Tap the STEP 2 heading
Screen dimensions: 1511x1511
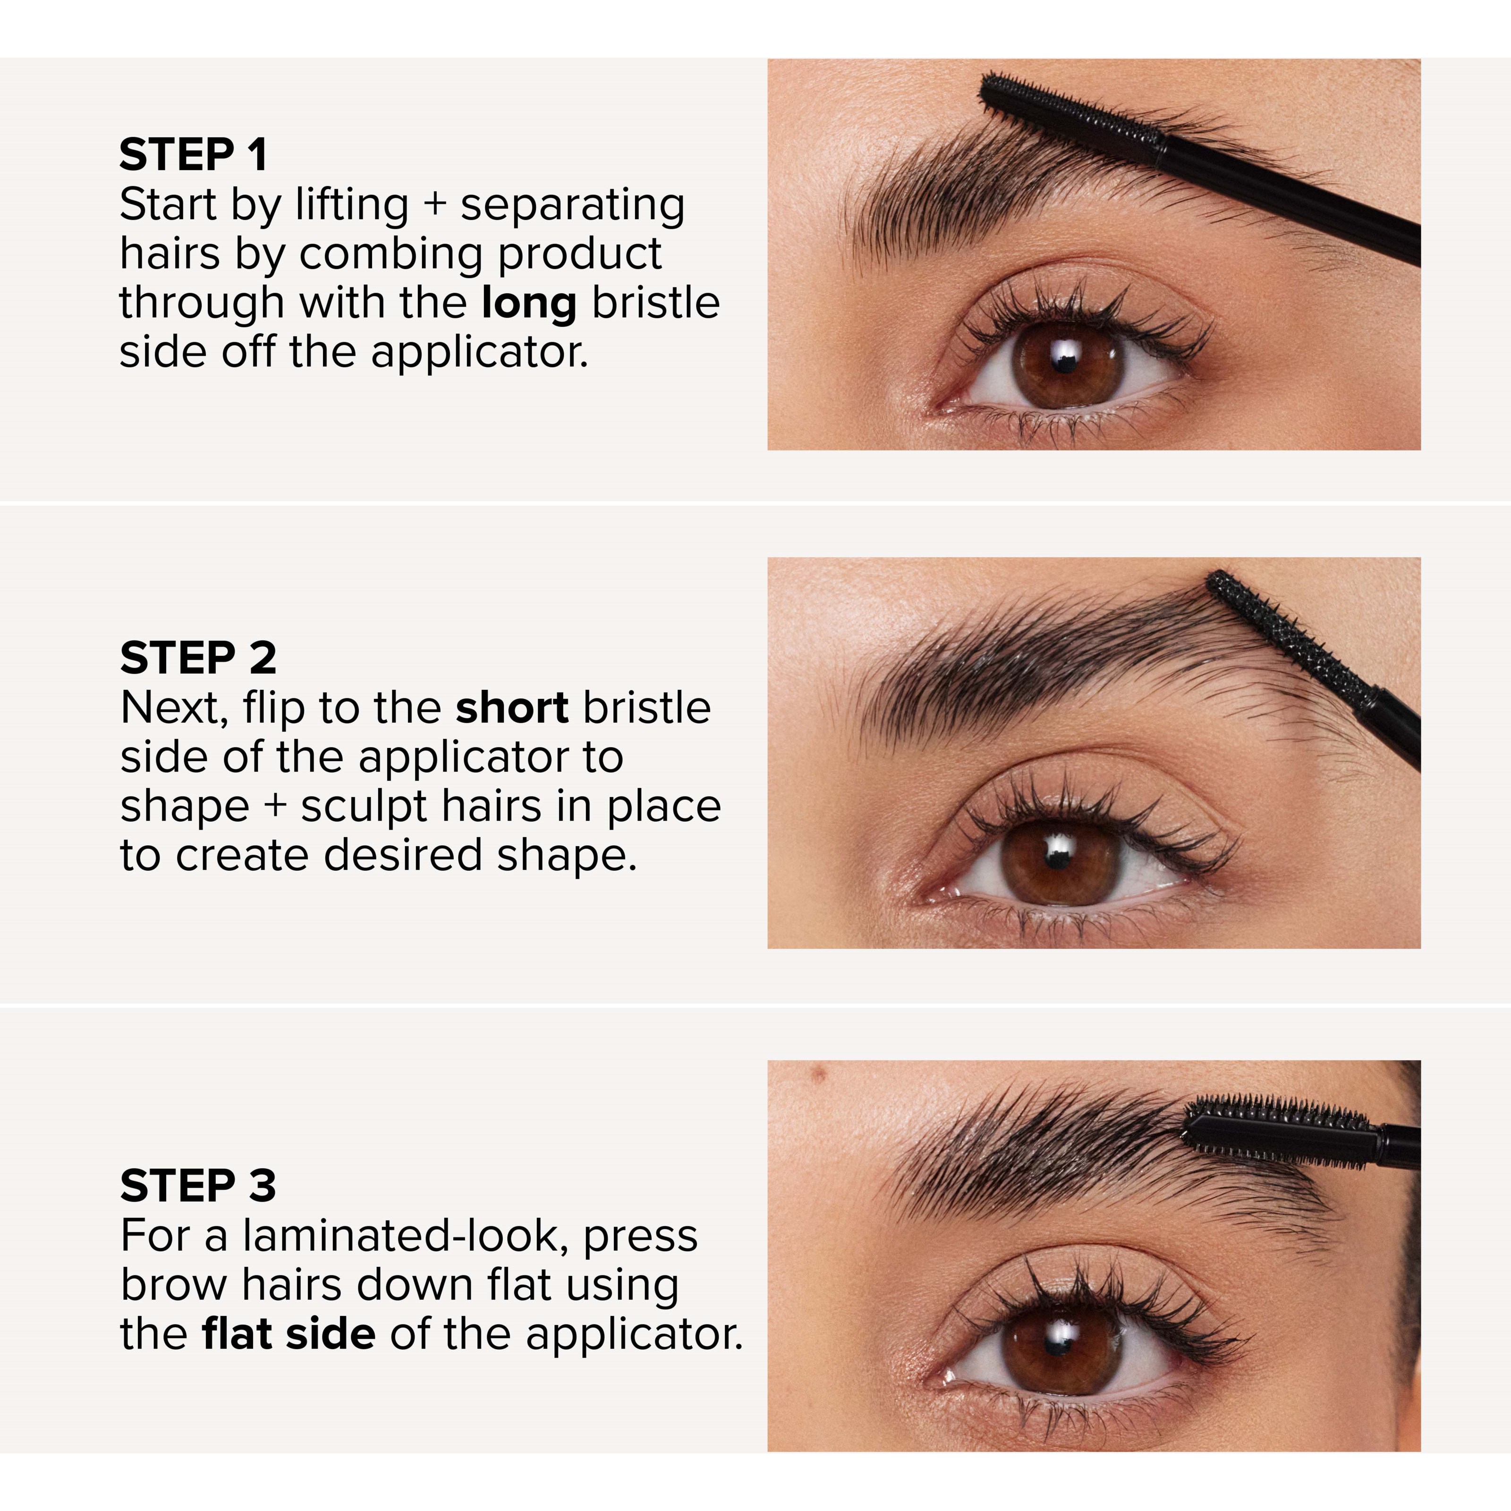[198, 658]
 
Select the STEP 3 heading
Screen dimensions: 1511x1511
[198, 1186]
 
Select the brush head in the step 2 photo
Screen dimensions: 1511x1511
[1290, 634]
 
